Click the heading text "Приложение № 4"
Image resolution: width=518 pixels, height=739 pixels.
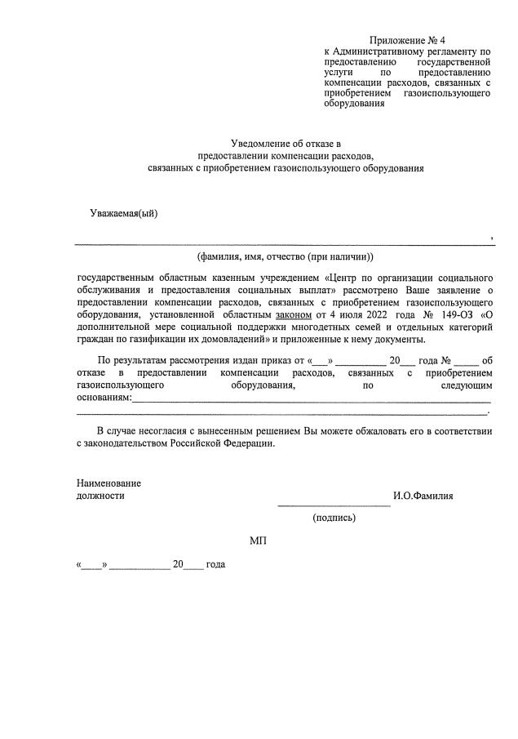(408, 40)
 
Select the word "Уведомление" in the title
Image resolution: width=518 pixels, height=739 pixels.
(259, 143)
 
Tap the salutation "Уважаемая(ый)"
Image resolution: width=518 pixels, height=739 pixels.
(124, 214)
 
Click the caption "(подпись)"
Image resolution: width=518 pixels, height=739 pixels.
(334, 517)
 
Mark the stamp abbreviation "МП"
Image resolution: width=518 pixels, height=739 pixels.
(258, 541)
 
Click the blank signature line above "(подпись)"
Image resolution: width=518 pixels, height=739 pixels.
(334, 505)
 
